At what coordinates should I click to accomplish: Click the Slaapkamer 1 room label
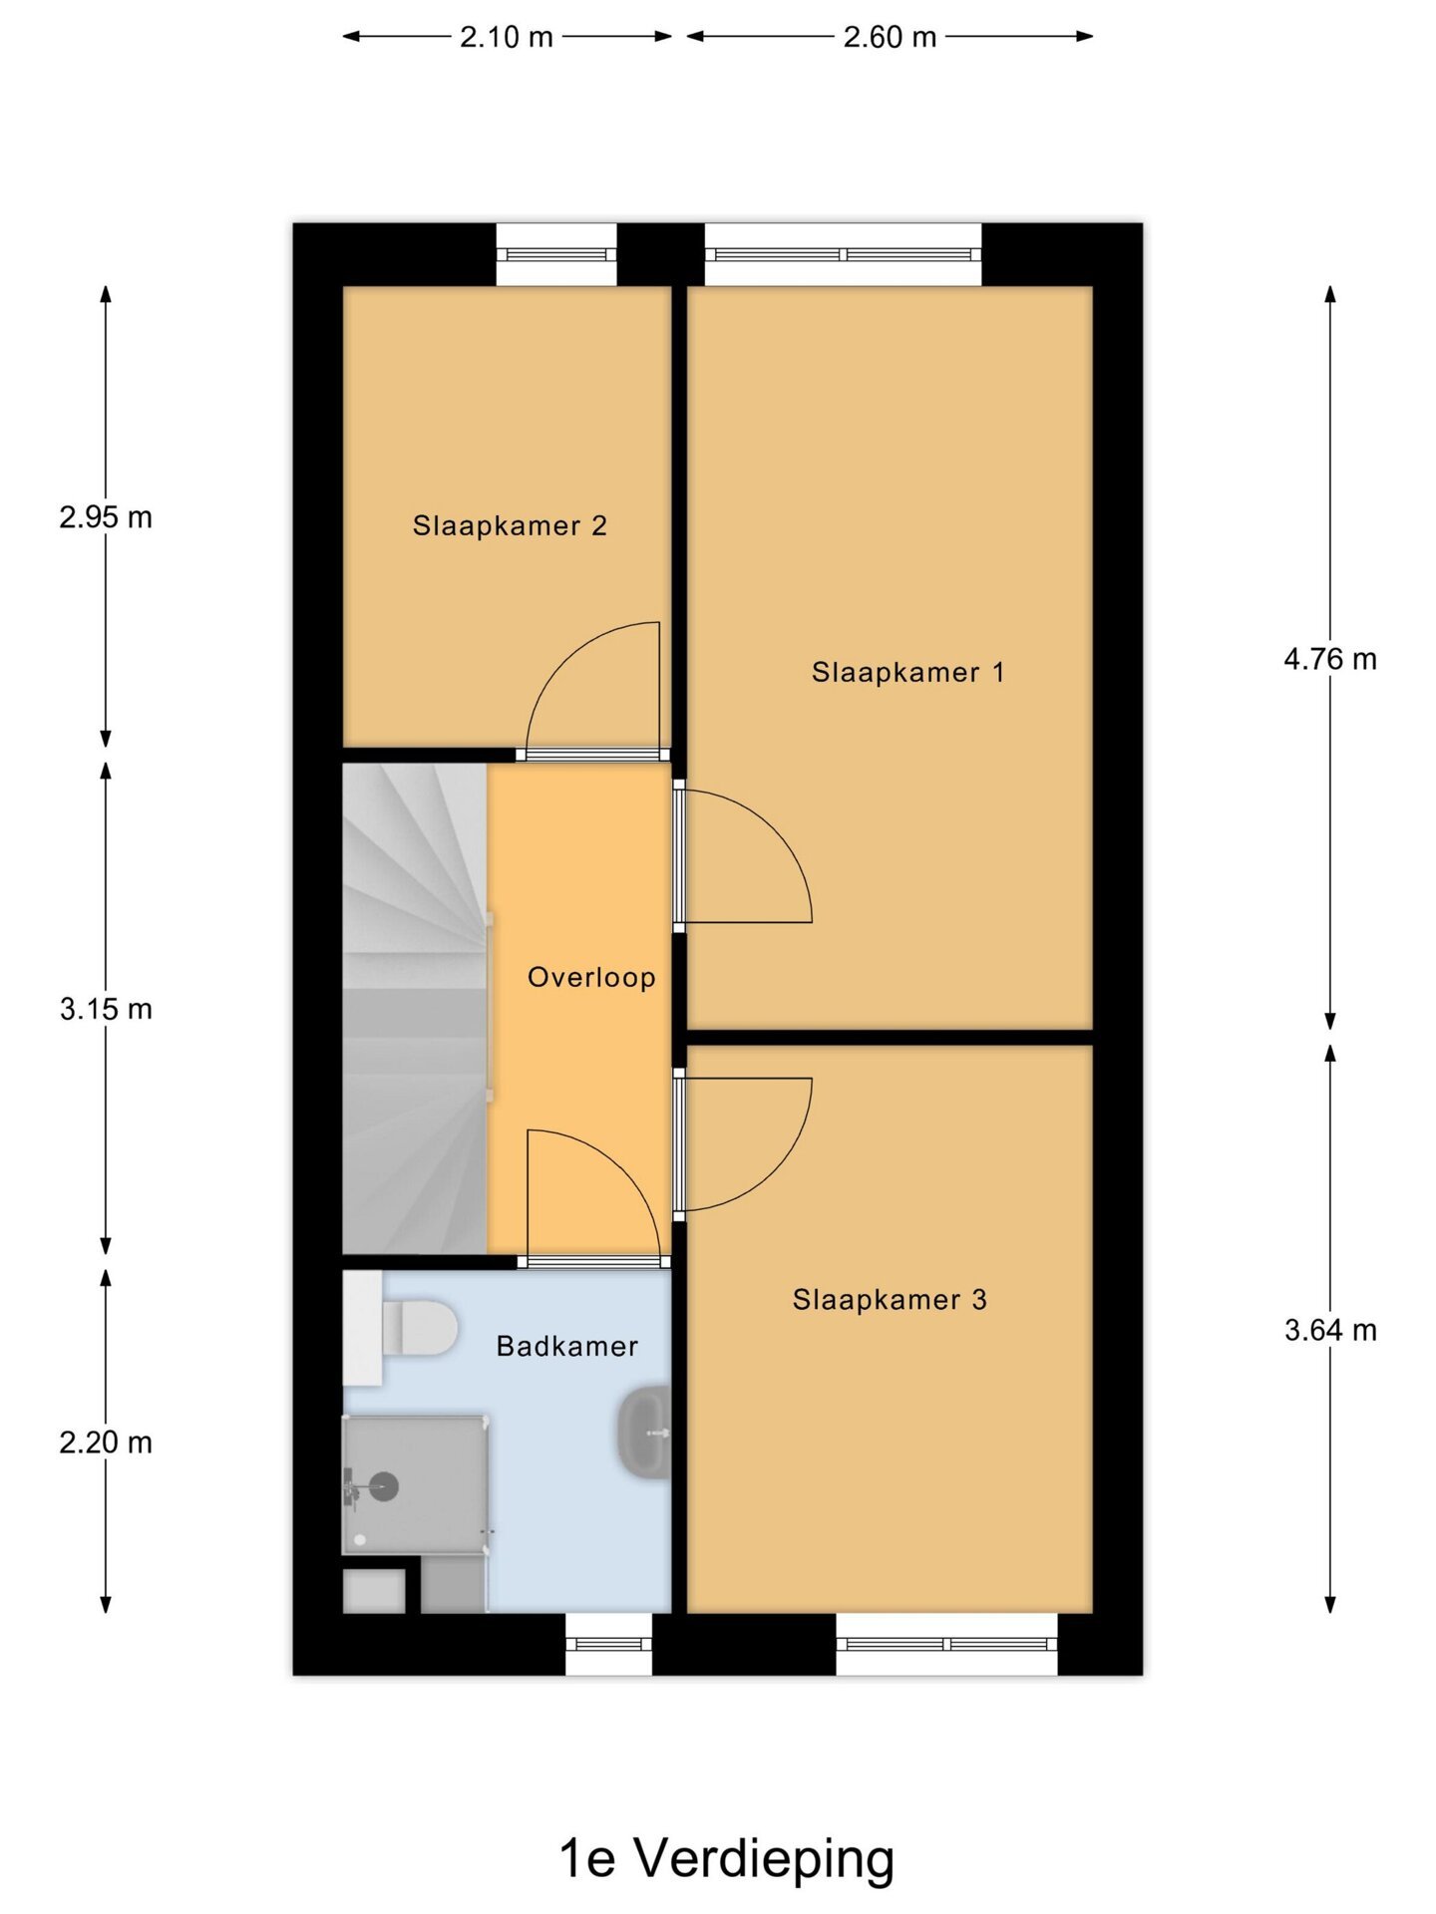tap(907, 672)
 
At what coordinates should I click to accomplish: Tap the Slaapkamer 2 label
tap(510, 525)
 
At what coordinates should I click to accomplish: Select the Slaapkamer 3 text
tap(890, 1299)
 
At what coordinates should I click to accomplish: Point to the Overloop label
tap(591, 977)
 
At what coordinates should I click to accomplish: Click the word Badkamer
tap(567, 1346)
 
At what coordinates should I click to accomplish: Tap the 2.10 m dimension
tap(506, 37)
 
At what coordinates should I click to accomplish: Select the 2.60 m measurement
tap(890, 37)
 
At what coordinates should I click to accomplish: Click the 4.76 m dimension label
tap(1330, 659)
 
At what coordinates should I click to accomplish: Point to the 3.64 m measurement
tap(1330, 1330)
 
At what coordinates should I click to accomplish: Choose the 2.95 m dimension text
tap(106, 517)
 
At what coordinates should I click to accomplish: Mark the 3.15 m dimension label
tap(106, 1009)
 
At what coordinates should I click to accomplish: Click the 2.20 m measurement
tap(106, 1442)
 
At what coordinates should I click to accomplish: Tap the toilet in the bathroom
tap(419, 1328)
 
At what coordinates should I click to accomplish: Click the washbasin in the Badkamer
tap(645, 1432)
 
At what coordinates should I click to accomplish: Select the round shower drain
tap(384, 1486)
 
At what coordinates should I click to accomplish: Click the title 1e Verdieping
tap(726, 1858)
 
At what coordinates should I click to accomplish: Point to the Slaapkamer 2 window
tap(556, 254)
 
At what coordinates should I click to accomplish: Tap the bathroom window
tap(608, 1644)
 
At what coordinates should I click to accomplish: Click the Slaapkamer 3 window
tap(946, 1644)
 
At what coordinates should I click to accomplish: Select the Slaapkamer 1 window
tap(843, 254)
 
